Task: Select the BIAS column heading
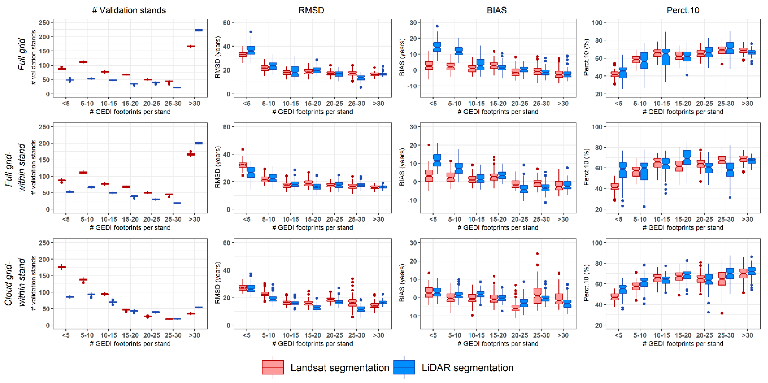pyautogui.click(x=496, y=10)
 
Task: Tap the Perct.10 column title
pyautogui.click(x=683, y=10)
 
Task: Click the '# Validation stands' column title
pyautogui.click(x=129, y=10)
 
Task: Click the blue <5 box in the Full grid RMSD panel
pyautogui.click(x=251, y=50)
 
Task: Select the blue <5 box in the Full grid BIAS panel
pyautogui.click(x=437, y=47)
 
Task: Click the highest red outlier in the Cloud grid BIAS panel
pyautogui.click(x=537, y=254)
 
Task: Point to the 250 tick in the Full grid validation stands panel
pyautogui.click(x=44, y=23)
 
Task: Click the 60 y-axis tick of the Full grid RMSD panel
pyautogui.click(x=227, y=23)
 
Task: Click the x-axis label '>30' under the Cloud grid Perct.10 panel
pyautogui.click(x=747, y=335)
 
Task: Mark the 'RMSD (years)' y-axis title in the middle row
pyautogui.click(x=218, y=167)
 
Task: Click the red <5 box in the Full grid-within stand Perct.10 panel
pyautogui.click(x=614, y=187)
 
